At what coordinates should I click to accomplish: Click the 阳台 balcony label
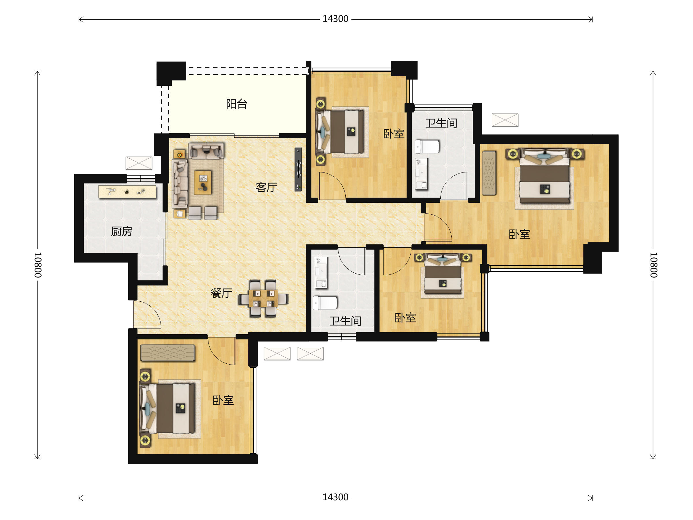(236, 104)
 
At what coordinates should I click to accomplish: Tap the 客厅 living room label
(266, 187)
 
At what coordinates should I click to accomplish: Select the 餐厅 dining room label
(221, 293)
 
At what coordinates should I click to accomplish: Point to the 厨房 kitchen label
(122, 232)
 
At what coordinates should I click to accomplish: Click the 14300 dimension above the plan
(335, 19)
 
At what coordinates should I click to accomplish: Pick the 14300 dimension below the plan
(335, 497)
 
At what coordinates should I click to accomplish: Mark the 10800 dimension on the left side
(38, 265)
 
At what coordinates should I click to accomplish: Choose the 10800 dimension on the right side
(653, 265)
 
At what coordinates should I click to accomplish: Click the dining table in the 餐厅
(263, 298)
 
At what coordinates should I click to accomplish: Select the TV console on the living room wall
(298, 169)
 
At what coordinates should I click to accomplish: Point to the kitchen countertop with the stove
(127, 192)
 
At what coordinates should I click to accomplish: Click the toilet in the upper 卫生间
(427, 147)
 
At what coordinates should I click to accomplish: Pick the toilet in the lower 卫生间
(325, 303)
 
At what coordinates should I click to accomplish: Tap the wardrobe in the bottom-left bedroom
(167, 353)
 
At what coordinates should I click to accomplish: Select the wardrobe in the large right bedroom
(489, 173)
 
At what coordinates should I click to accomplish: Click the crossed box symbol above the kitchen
(139, 163)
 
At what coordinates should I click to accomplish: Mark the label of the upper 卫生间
(441, 123)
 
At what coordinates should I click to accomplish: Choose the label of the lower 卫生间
(345, 321)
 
